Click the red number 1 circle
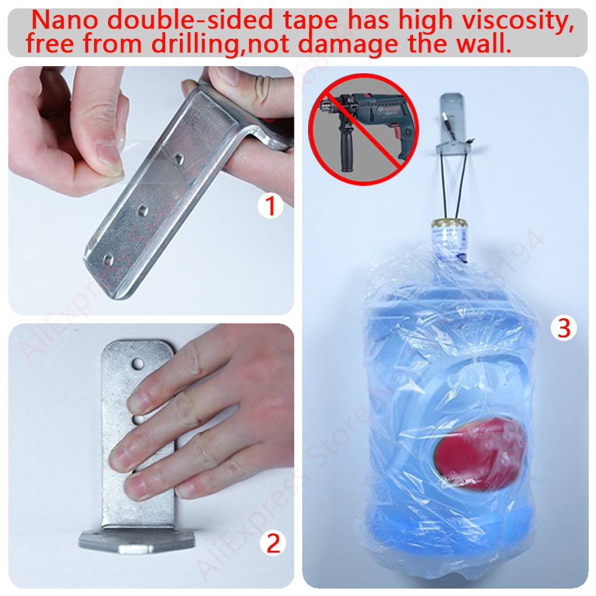tap(270, 207)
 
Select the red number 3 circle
tap(564, 327)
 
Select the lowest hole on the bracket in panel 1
tap(109, 260)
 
